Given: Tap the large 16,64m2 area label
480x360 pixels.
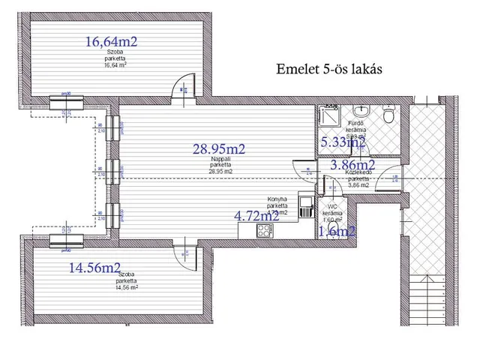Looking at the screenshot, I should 111,42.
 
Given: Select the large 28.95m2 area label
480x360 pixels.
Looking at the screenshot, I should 220,149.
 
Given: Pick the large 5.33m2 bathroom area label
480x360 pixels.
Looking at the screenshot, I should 343,142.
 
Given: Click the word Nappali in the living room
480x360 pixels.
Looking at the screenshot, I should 220,160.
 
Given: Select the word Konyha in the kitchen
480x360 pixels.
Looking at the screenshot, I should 277,199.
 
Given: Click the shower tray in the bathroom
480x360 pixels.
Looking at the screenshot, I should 328,113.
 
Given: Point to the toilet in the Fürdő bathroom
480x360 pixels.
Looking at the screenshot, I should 387,116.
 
